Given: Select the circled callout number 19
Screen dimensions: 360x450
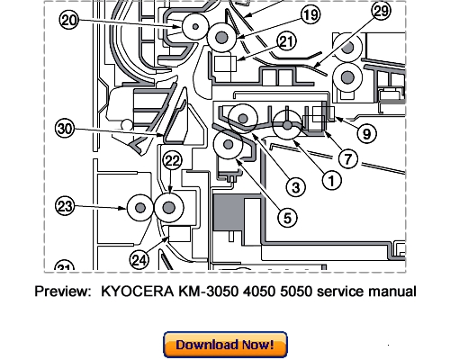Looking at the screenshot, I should [284, 14].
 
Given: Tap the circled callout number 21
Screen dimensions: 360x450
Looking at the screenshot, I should [286, 41].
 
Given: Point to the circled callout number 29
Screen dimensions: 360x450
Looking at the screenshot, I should [381, 11].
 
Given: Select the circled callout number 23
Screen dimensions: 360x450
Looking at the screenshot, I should [65, 207].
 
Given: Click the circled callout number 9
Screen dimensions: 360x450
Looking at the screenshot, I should [366, 130].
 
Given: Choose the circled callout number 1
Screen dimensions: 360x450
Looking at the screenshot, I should [330, 180].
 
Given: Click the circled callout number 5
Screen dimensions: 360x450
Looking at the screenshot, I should [283, 216].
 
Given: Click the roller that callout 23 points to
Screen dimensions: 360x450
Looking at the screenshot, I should [138, 208].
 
